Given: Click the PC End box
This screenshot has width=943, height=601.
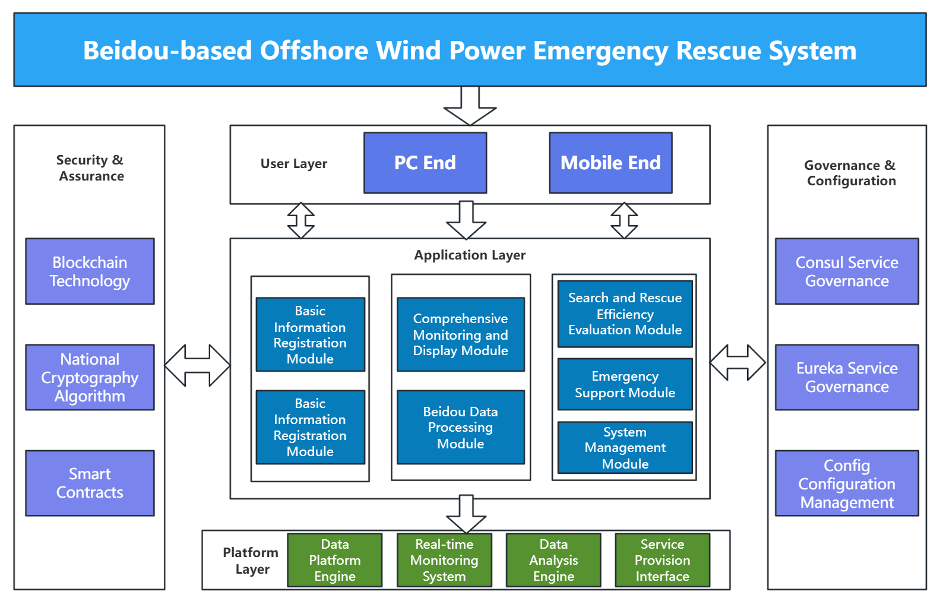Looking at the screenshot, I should tap(425, 163).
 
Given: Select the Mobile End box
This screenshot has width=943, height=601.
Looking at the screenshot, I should tap(610, 163).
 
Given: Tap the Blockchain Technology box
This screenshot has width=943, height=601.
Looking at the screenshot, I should tap(90, 271).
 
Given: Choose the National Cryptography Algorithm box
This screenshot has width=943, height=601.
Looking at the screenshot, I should tap(90, 377).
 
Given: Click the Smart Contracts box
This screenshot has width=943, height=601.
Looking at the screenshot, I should tap(90, 483).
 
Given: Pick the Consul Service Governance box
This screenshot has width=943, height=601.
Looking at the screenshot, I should tap(847, 271).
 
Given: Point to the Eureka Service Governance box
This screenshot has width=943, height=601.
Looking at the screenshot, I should tap(847, 377).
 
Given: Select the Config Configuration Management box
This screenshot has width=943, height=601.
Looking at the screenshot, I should tap(847, 483).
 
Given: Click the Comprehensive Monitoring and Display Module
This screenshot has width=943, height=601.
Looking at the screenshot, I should tap(461, 334).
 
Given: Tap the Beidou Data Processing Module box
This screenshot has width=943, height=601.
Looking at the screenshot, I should tap(461, 427).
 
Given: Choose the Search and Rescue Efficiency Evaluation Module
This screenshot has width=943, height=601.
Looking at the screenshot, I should tap(625, 314).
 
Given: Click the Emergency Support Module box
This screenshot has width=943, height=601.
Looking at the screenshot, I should tap(625, 384).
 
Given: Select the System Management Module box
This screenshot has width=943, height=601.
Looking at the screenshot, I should tap(625, 447).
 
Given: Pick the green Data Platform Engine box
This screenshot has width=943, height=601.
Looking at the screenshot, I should tap(335, 560).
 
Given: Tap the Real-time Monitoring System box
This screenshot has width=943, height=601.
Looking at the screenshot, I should tap(444, 560).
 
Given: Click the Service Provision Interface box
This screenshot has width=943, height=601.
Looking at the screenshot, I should tap(662, 560).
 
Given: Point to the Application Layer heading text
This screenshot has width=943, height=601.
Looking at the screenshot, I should tap(470, 255).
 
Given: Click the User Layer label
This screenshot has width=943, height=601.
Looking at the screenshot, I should tap(294, 163).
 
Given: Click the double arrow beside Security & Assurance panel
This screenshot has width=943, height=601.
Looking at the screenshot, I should tap(197, 365).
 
